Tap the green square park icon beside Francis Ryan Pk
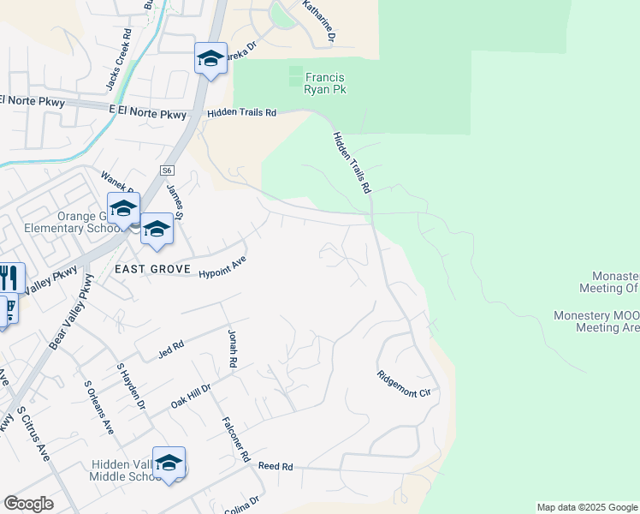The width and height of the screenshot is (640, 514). [296, 76]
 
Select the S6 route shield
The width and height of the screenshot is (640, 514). [167, 171]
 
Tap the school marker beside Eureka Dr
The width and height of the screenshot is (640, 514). [210, 58]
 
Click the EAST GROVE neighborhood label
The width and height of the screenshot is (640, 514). [153, 269]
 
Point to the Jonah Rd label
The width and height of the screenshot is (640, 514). [231, 349]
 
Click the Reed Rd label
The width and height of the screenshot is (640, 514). [276, 467]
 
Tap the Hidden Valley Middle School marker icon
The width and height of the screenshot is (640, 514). [169, 463]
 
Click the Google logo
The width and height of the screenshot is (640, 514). [28, 503]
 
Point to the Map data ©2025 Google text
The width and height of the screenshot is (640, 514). [586, 507]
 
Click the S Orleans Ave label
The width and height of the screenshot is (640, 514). [98, 410]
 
